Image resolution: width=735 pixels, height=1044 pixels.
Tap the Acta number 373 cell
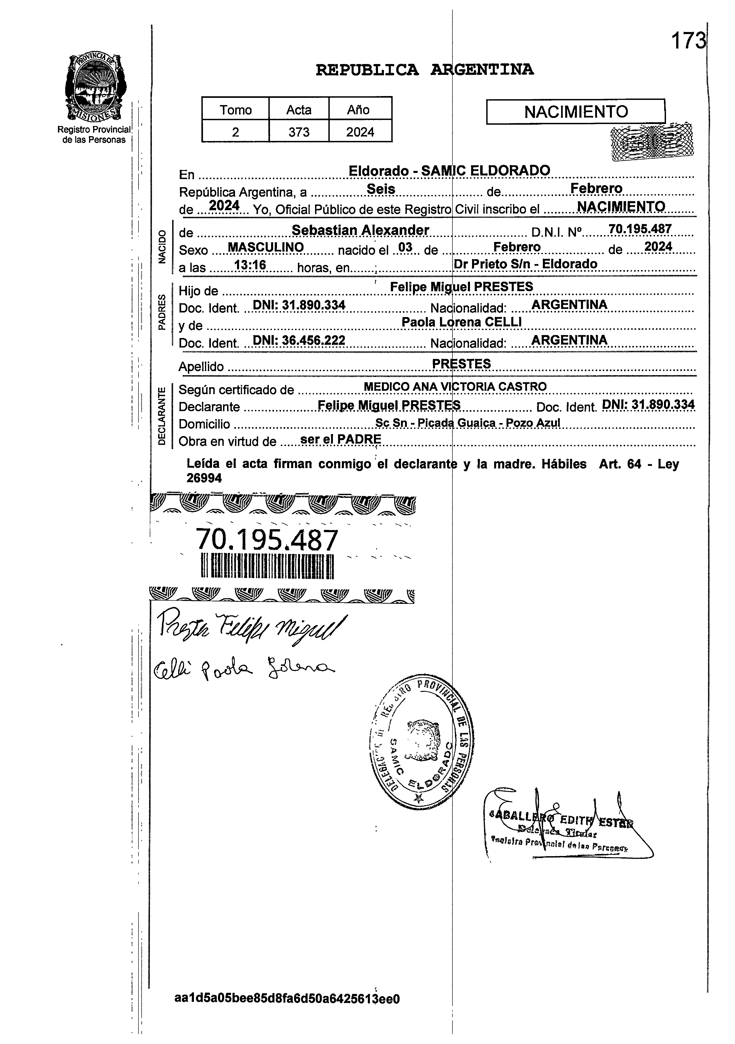pos(299,132)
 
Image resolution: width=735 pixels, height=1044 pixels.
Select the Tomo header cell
pos(236,110)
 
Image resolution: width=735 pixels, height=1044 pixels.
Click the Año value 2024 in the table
pos(360,132)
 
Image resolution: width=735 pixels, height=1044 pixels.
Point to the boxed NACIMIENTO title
pos(576,111)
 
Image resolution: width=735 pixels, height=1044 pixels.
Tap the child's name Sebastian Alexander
pos(360,230)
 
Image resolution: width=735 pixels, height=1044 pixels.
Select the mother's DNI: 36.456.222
pos(299,340)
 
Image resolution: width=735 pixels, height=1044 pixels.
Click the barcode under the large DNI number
pos(267,566)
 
